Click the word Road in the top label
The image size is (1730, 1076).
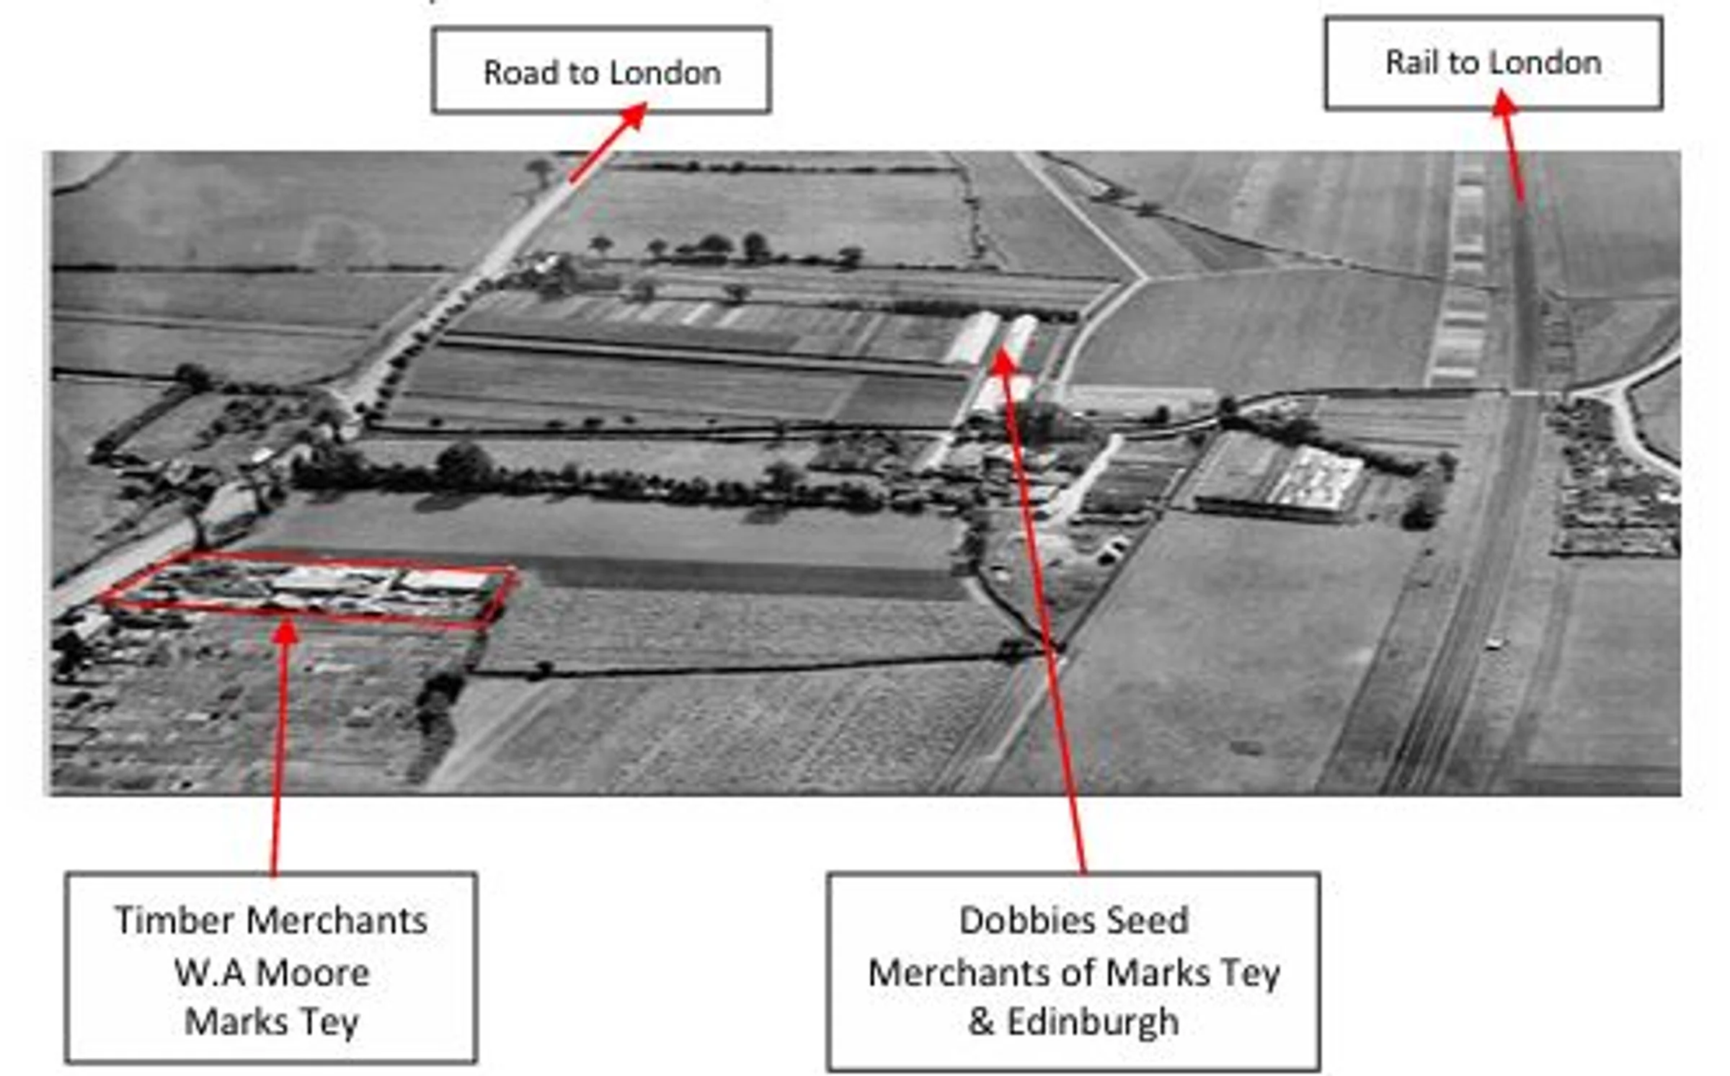[519, 73]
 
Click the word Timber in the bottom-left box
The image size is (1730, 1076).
[177, 920]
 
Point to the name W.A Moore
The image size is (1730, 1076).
[272, 973]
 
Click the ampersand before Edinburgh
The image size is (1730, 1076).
[981, 1021]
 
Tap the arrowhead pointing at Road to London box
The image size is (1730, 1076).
[635, 115]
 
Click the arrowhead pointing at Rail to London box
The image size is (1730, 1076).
[1504, 102]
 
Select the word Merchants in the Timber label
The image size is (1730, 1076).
[337, 920]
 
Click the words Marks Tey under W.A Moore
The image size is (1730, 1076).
[272, 1021]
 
